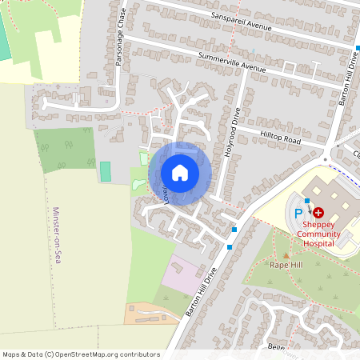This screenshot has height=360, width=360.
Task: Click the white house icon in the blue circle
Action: pyautogui.click(x=180, y=173)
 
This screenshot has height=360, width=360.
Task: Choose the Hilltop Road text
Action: pyautogui.click(x=279, y=137)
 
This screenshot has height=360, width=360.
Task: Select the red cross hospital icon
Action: pyautogui.click(x=318, y=213)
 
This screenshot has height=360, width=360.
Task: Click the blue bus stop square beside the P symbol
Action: pyautogui.click(x=306, y=201)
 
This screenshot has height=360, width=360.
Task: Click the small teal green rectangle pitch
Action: pyautogui.click(x=105, y=171)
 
